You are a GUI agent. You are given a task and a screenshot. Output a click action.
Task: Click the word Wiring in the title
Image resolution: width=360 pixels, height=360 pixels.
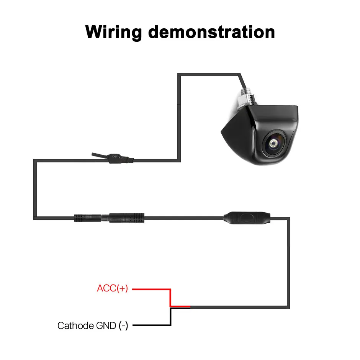click(114, 32)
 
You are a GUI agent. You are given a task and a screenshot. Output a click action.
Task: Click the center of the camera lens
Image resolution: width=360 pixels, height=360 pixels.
click(273, 143)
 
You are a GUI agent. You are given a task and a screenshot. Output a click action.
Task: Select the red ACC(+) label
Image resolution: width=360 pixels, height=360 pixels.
click(112, 288)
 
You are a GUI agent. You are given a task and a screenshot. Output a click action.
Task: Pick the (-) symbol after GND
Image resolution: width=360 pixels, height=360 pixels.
click(123, 326)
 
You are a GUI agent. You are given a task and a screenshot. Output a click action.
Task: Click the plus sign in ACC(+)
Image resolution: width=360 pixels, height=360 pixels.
click(122, 288)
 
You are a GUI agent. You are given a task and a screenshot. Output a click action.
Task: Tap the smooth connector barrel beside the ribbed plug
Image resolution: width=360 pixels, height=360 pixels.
click(127, 218)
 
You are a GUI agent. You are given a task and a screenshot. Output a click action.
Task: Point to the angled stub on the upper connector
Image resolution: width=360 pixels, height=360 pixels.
click(99, 155)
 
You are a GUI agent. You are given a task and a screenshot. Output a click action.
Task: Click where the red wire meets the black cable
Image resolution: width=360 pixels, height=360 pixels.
click(190, 307)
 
